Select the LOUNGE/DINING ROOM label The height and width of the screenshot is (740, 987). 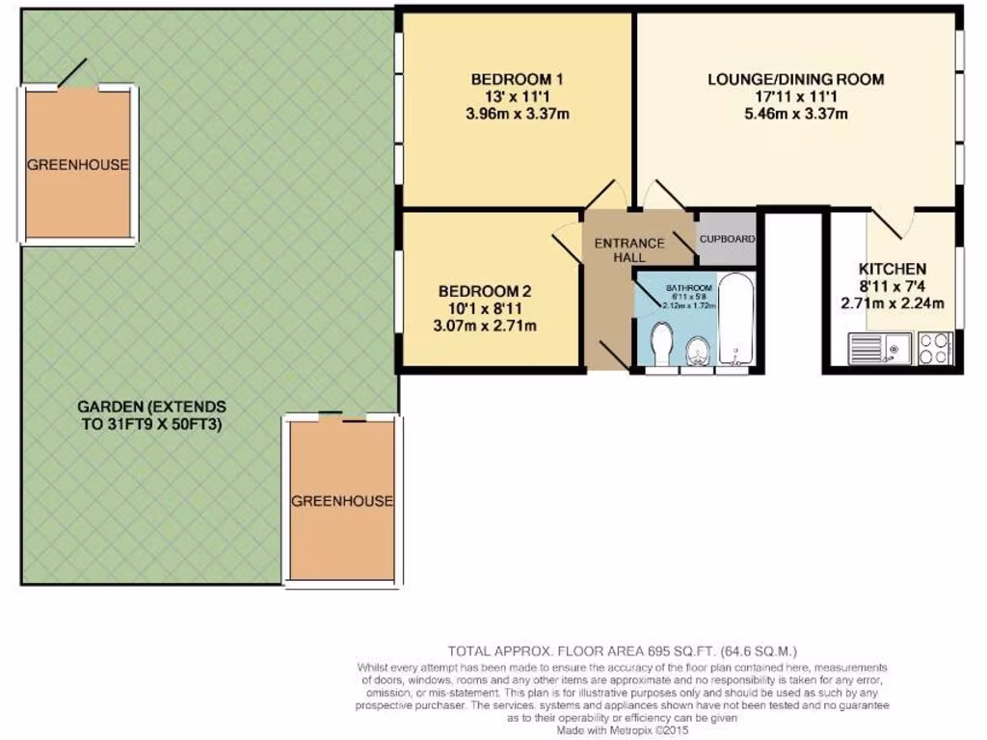click(x=795, y=79)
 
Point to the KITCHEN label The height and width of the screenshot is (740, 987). click(x=893, y=269)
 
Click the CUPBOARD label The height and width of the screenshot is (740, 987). click(x=727, y=239)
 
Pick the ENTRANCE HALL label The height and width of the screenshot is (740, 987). click(x=628, y=250)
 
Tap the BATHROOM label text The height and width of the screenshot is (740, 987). click(x=689, y=288)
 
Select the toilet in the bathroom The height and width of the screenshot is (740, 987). click(x=661, y=345)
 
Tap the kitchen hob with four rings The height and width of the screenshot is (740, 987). click(x=935, y=348)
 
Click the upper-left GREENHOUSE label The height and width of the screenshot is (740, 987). click(x=77, y=165)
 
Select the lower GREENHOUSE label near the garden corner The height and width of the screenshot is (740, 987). click(x=342, y=501)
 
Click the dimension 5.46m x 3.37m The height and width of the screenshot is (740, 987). click(x=795, y=115)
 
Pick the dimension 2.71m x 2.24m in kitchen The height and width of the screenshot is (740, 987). click(x=892, y=304)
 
